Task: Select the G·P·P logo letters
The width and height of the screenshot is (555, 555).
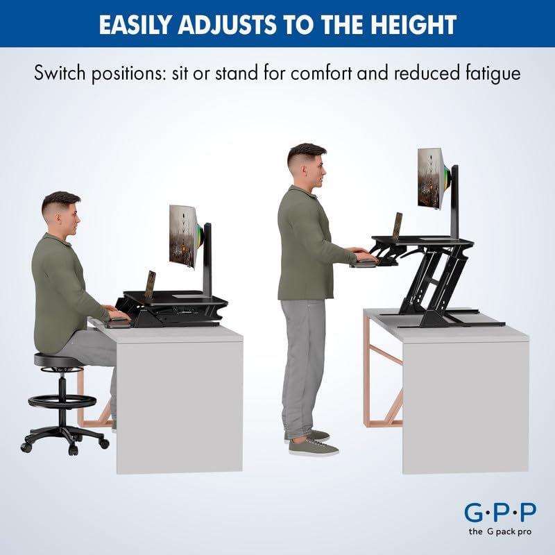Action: point(499,513)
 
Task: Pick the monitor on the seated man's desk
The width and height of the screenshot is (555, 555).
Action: point(184,236)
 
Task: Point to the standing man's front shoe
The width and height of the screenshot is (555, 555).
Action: point(314,447)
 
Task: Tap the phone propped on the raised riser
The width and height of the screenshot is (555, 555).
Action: point(398,226)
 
